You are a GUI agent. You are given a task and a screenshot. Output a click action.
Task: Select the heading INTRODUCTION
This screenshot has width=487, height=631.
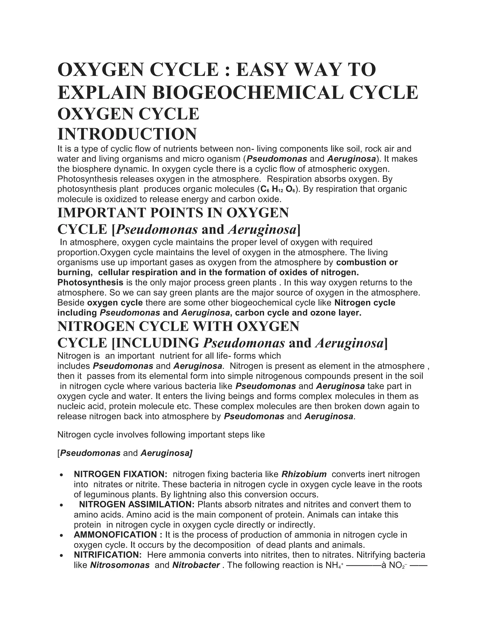point(127,134)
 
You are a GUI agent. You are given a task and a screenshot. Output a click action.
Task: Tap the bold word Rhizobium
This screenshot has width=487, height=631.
point(304,474)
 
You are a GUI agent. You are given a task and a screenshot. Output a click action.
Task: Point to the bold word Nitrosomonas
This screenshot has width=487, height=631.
point(120,565)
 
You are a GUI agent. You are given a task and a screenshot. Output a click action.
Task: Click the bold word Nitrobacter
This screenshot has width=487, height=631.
point(196,565)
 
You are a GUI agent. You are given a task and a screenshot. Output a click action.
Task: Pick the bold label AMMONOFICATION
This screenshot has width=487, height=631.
point(115,535)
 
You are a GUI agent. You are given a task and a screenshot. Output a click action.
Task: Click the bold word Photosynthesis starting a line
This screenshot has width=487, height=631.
point(90,282)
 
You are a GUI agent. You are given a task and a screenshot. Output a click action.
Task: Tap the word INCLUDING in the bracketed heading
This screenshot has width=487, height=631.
point(157,343)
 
